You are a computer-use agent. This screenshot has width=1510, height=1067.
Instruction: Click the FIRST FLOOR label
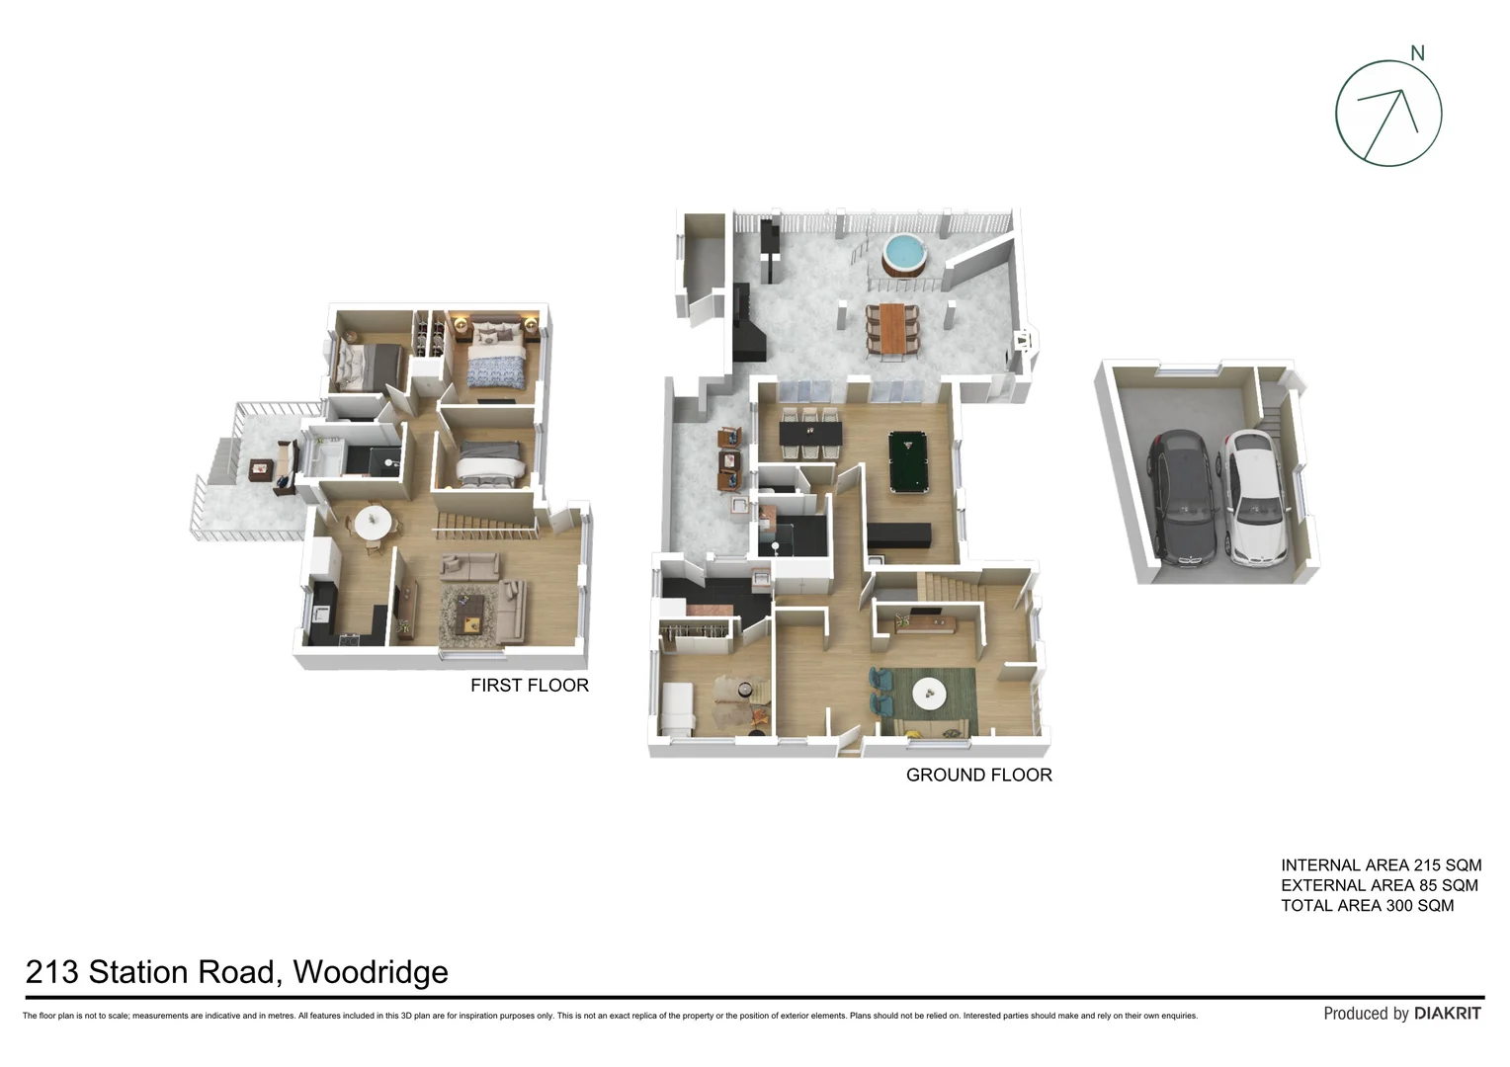529,686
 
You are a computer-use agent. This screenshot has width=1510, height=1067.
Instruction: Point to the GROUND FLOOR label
978,776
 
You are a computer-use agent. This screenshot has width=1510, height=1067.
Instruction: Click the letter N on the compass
1417,53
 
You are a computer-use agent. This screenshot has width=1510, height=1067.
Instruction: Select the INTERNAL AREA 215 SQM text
1381,865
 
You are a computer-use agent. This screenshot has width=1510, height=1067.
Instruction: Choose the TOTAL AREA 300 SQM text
1367,906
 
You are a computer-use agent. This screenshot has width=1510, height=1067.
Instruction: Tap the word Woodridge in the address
371,972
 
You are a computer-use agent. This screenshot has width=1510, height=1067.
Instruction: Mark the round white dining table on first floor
373,522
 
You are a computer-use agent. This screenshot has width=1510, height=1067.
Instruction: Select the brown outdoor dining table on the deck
892,326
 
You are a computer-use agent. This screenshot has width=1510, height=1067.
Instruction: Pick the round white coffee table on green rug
930,694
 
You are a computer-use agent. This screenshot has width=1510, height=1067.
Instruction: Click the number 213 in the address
51,972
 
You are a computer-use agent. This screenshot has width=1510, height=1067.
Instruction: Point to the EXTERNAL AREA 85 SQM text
1379,885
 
